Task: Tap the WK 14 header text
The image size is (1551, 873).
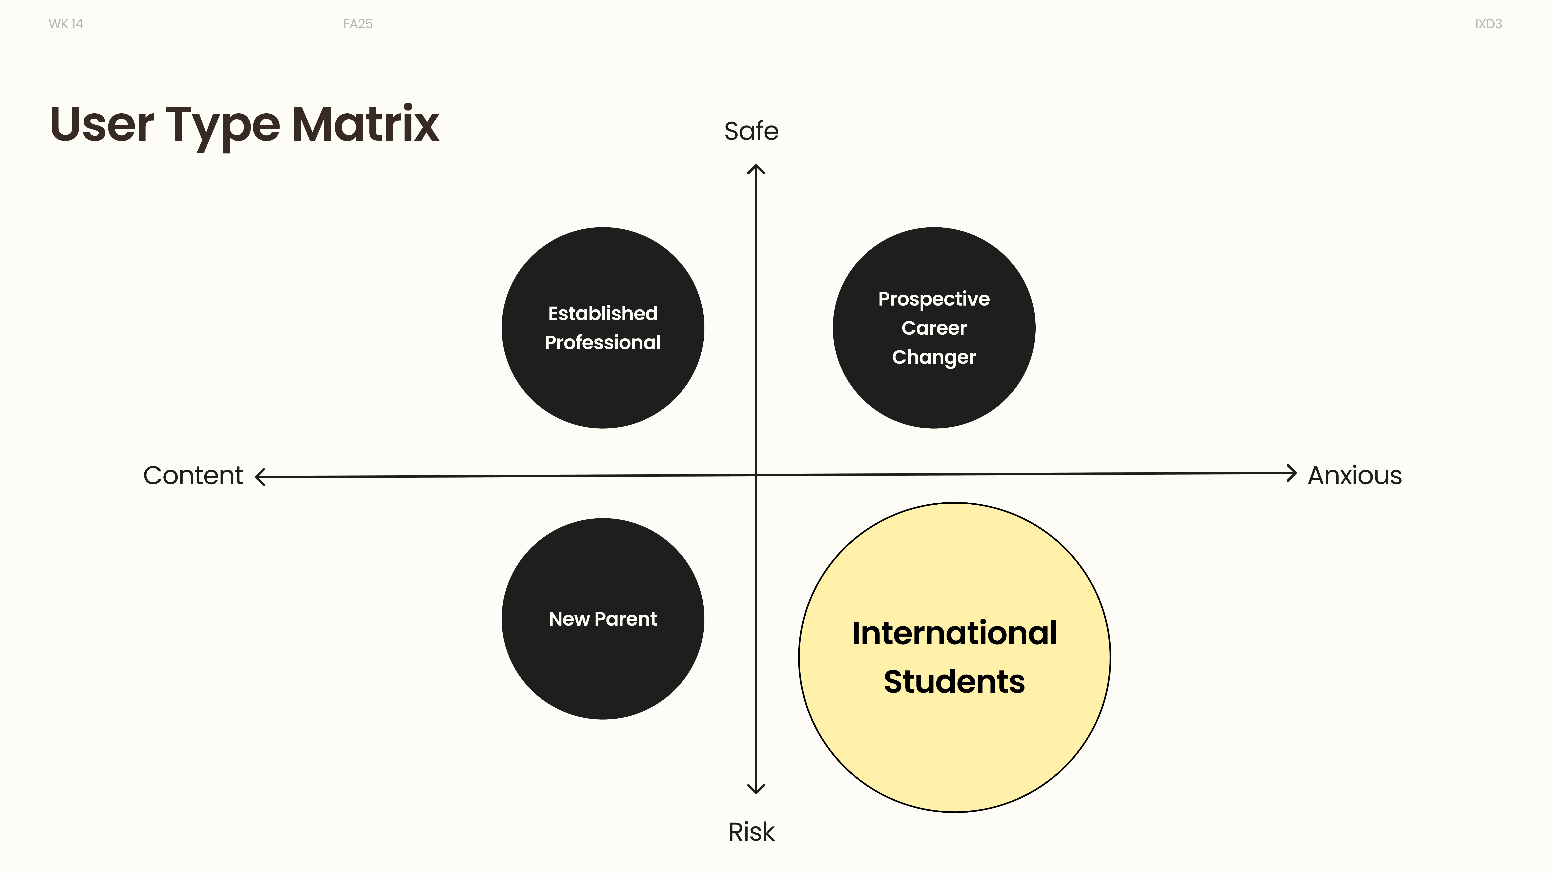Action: pyautogui.click(x=66, y=24)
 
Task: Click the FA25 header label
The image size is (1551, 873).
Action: pyautogui.click(x=358, y=24)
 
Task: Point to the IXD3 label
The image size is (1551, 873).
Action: pyautogui.click(x=1488, y=24)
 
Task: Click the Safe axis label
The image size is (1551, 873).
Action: pyautogui.click(x=751, y=131)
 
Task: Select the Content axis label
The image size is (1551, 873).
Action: pyautogui.click(x=193, y=475)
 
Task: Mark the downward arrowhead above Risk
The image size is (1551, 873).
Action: pyautogui.click(x=756, y=788)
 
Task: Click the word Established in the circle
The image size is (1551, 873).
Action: pyautogui.click(x=603, y=313)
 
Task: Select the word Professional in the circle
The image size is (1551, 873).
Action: pyautogui.click(x=603, y=342)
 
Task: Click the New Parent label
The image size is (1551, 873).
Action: pyautogui.click(x=603, y=619)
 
